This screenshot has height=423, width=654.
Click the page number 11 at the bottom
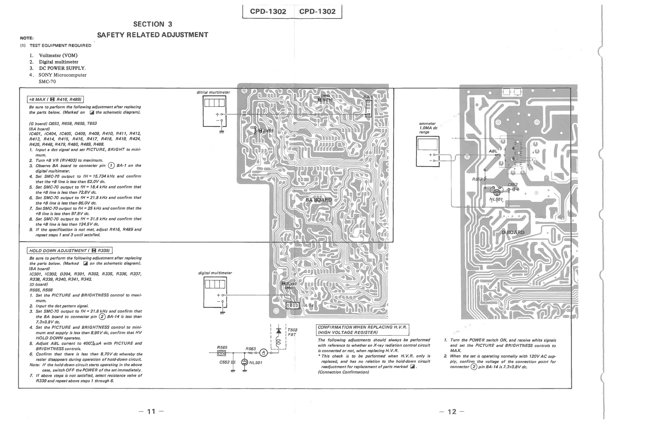click(x=151, y=412)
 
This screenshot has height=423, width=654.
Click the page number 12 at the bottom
click(x=452, y=412)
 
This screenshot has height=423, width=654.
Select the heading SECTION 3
click(x=153, y=24)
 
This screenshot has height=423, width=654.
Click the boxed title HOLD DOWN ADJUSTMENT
click(x=70, y=250)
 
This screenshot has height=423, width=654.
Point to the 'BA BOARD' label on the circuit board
click(x=318, y=200)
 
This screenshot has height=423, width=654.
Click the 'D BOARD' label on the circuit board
click(x=513, y=232)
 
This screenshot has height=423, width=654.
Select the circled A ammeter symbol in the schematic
click(x=263, y=353)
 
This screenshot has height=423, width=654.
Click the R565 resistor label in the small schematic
click(x=222, y=347)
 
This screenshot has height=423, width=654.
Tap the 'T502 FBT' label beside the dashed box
click(x=292, y=332)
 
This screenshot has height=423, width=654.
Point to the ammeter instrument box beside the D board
click(x=427, y=151)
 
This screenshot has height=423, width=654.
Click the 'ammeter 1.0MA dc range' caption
click(x=428, y=128)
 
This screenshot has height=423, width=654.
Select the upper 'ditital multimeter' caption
click(x=213, y=92)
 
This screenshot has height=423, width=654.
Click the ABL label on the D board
click(x=493, y=151)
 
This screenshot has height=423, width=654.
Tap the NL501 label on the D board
click(x=496, y=199)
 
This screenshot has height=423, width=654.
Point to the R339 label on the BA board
click(x=291, y=284)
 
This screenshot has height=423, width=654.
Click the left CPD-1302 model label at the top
click(x=268, y=11)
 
